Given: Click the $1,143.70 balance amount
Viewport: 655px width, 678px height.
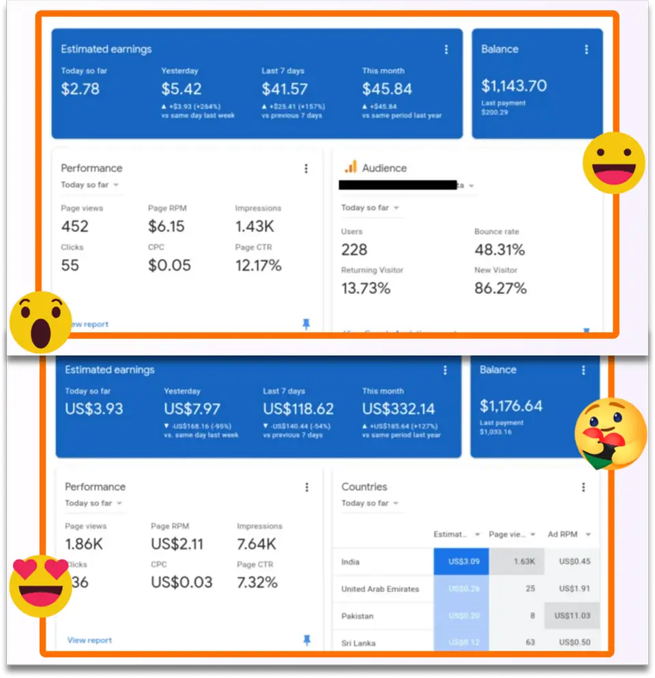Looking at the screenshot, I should tap(514, 86).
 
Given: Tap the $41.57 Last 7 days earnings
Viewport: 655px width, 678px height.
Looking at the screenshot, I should tap(285, 89).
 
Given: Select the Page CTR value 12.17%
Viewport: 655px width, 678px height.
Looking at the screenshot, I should tap(258, 265).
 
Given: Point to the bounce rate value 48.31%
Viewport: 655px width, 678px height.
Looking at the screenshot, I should tap(499, 250).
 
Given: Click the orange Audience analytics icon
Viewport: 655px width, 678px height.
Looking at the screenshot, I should tap(351, 167).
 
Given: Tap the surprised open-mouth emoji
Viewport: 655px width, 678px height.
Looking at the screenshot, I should tap(41, 321).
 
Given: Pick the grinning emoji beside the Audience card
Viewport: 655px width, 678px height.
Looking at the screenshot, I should tap(613, 162).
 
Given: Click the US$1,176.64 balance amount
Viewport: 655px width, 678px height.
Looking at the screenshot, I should tap(511, 407).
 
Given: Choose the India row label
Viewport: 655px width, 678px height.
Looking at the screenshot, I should tap(351, 562).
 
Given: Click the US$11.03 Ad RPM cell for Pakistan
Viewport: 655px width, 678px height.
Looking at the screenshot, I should tap(572, 616).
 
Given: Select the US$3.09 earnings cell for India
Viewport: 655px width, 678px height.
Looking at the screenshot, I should tap(461, 562).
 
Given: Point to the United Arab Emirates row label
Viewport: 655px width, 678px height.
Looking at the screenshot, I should tap(380, 589).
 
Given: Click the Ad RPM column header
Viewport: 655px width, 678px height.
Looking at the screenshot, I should tap(563, 534).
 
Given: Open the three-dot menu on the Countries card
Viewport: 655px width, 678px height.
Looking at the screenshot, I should tap(583, 487).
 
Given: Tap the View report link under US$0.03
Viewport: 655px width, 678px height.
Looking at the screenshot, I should tap(89, 640).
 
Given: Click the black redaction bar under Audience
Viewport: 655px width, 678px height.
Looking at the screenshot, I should tap(397, 184).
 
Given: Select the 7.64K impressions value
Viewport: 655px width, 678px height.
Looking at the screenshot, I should tap(257, 544).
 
